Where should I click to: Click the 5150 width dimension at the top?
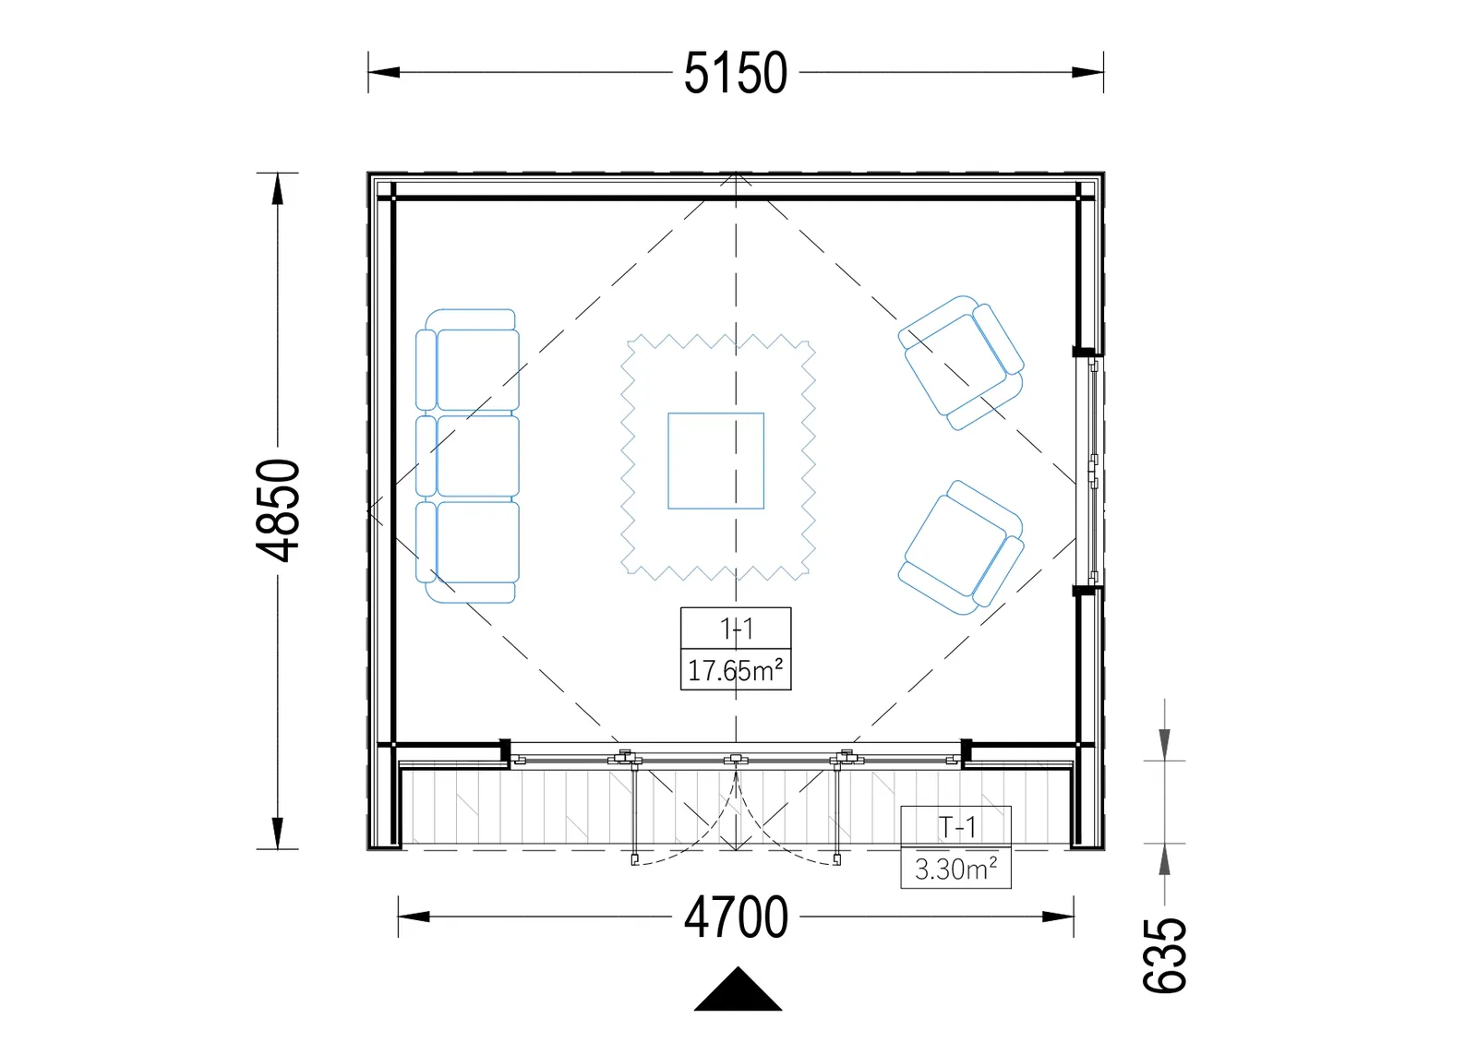735,73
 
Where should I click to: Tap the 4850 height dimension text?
278,510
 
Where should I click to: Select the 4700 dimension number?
736,917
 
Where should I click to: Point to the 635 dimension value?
1164,955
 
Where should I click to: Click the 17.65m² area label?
735,671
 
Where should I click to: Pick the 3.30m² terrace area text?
955,869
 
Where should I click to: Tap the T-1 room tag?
956,827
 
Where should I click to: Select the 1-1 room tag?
736,629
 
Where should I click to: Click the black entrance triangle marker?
738,989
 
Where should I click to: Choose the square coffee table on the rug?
716,461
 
